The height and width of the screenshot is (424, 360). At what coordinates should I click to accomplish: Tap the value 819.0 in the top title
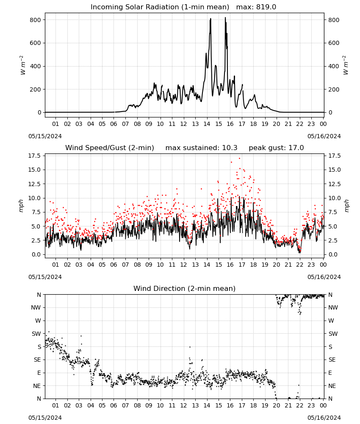click(266, 7)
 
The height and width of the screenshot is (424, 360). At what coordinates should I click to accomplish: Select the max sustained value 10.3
click(230, 148)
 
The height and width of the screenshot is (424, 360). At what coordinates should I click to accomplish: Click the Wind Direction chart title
click(185, 288)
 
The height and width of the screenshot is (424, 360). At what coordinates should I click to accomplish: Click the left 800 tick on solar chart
click(36, 20)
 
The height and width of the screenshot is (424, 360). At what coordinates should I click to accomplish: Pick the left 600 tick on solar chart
click(36, 43)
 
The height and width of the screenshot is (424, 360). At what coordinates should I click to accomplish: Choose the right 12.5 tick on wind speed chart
click(334, 184)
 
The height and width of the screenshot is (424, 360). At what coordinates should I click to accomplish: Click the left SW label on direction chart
click(36, 334)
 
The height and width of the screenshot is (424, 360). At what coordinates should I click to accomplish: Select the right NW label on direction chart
click(333, 307)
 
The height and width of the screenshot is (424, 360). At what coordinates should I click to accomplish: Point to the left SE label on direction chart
click(37, 360)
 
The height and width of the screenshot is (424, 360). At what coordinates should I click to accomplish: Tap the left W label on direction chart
click(38, 321)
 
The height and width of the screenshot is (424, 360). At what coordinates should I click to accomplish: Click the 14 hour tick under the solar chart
click(207, 124)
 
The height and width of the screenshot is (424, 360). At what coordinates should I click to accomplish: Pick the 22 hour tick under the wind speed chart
click(300, 265)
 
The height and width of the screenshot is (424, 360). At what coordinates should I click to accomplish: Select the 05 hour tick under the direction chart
click(102, 405)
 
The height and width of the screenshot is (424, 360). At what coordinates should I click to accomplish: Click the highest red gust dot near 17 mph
click(239, 158)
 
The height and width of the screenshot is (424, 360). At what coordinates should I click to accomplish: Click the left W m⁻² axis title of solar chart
click(23, 65)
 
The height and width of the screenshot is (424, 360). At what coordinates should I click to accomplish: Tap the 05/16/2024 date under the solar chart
click(324, 136)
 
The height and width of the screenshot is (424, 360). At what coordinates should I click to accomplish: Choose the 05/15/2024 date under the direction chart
click(45, 418)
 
